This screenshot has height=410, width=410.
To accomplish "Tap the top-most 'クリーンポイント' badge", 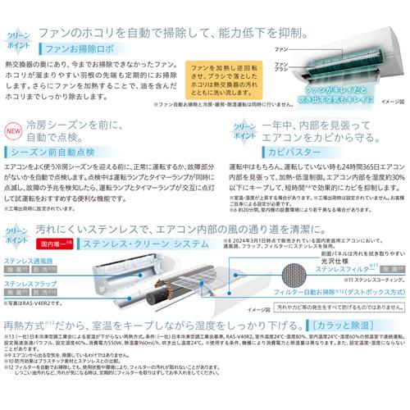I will (x=18, y=36).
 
